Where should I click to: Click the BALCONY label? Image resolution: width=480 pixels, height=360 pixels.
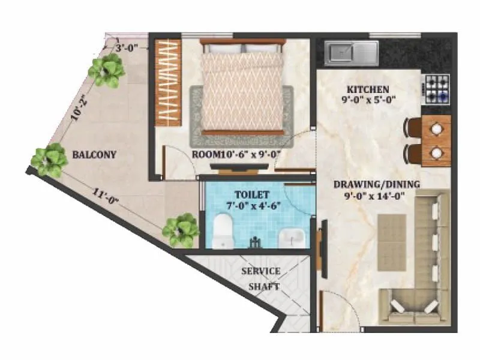tap(94, 155)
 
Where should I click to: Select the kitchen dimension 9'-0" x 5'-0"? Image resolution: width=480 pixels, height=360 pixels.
tap(367, 100)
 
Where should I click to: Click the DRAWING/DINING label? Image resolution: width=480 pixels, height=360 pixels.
tap(377, 184)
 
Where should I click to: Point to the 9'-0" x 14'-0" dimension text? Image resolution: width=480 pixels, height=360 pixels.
tap(377, 195)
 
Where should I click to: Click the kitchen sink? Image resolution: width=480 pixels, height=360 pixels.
tap(352, 53)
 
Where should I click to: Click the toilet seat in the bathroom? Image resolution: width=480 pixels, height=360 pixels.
tap(224, 231)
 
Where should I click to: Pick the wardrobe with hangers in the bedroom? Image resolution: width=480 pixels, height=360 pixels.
tap(169, 82)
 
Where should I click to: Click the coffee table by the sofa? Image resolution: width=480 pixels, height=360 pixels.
tap(392, 234)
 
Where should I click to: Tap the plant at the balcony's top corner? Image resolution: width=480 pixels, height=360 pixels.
tap(107, 70)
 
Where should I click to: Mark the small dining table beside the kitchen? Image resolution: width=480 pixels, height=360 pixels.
tap(436, 140)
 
